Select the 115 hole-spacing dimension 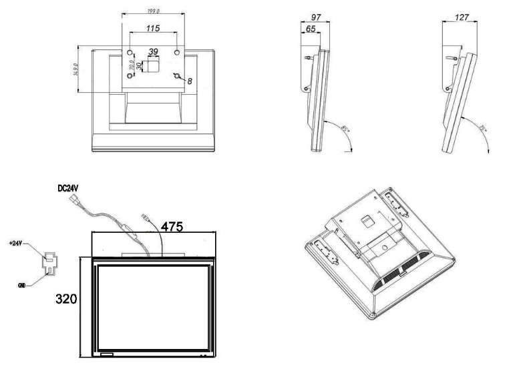(153, 29)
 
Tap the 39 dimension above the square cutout (153, 51)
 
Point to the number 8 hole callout (190, 80)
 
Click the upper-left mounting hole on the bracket (130, 51)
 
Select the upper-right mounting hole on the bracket (176, 51)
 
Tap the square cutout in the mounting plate (153, 65)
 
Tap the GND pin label (24, 284)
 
